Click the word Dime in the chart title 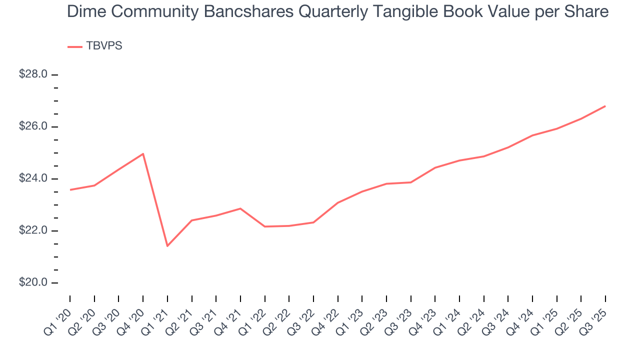83,11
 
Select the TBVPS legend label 104,46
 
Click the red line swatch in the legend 74,46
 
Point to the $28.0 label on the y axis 33,74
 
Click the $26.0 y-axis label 33,126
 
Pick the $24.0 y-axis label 33,178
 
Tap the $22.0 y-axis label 33,230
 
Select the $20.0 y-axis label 33,282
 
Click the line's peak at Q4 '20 143,153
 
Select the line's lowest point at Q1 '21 167,246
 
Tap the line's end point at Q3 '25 605,106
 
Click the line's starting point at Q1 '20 70,189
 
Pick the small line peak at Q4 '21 240,208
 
